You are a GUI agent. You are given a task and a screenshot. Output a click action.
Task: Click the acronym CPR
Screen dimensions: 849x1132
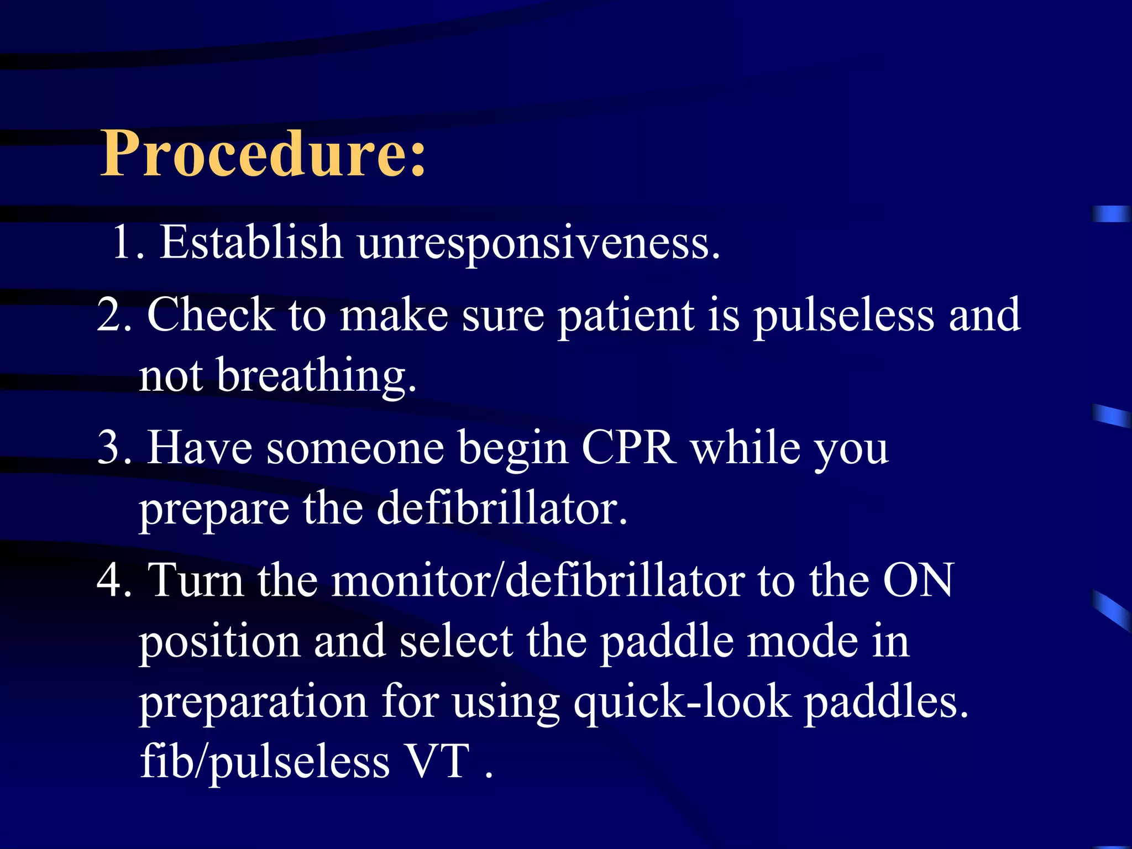(x=628, y=448)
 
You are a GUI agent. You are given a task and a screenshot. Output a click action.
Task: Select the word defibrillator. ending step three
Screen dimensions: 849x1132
(x=501, y=509)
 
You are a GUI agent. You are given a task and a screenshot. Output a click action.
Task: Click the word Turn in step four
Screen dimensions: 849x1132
(x=196, y=580)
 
